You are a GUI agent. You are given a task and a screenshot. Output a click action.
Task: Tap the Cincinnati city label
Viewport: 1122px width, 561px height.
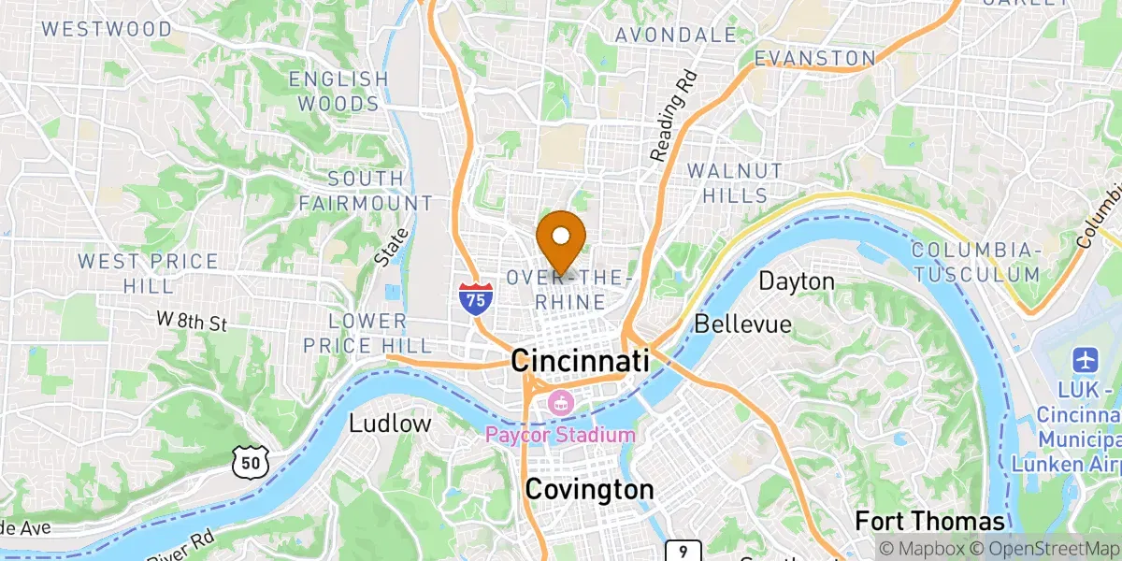coord(581,361)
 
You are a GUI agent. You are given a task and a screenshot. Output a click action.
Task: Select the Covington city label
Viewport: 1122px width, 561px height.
coord(589,489)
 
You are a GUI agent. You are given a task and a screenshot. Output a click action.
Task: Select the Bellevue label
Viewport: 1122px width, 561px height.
coord(742,324)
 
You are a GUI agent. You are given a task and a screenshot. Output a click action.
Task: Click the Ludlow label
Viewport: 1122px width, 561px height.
coord(390,424)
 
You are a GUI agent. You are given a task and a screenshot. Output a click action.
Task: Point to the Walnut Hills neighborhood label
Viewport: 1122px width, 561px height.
coord(734,183)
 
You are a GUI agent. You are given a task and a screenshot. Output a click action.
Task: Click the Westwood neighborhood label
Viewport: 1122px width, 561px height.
coord(108,29)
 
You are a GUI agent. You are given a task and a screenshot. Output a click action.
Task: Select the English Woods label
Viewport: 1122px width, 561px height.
coord(338,91)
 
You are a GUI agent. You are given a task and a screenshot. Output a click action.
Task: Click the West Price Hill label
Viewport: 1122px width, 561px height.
coord(149,273)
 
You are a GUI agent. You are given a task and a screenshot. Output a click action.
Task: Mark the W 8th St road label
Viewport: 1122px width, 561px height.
coord(192,323)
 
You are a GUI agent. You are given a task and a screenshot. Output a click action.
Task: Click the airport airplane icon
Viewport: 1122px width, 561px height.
coord(1086,358)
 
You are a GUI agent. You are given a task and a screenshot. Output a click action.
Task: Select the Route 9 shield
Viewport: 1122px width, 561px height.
coord(684,552)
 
